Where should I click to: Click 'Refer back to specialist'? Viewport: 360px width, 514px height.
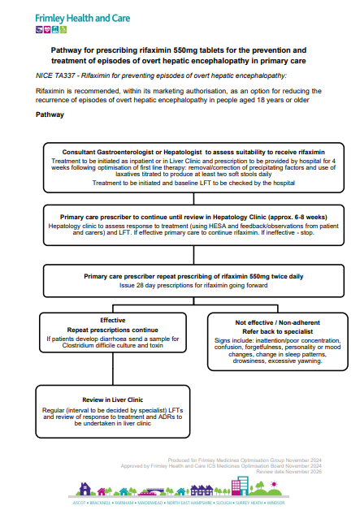(266, 330)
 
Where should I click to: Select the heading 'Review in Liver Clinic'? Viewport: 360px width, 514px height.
(106, 400)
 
